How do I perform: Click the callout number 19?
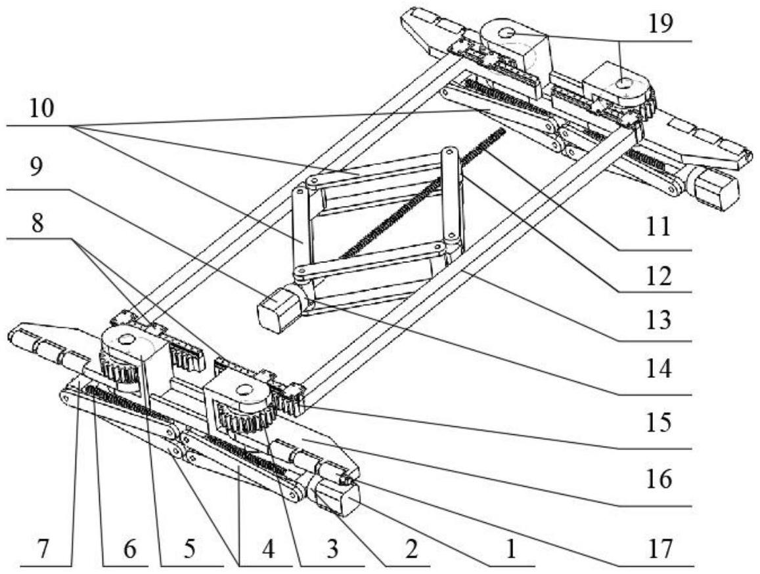[661, 24]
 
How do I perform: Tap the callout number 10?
[41, 109]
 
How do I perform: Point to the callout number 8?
[36, 223]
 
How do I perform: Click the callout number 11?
[658, 226]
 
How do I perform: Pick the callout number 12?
[659, 276]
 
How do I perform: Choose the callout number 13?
[659, 320]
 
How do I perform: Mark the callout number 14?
[659, 369]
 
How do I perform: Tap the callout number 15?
[659, 422]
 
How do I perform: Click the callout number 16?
[659, 479]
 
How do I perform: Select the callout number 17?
[660, 549]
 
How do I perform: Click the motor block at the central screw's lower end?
[278, 308]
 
